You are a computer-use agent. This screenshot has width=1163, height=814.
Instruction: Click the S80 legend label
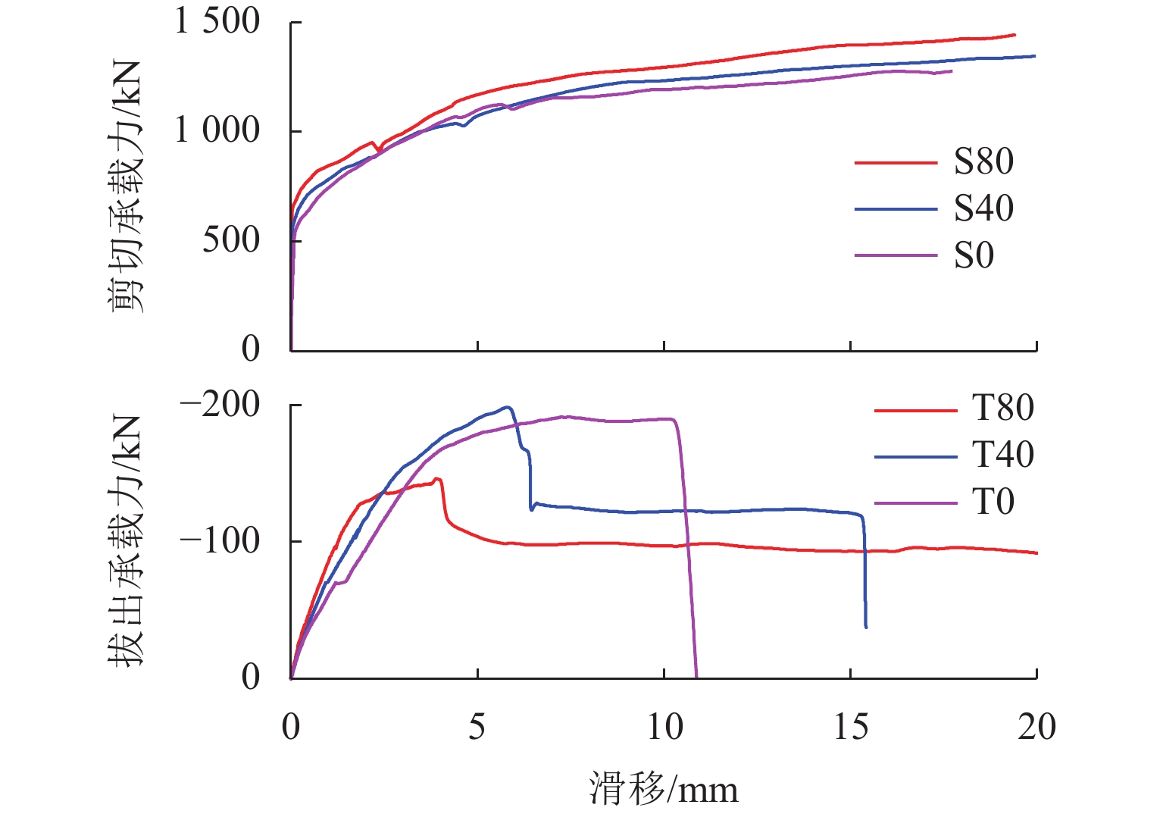point(983,161)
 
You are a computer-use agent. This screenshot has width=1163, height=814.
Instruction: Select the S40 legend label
point(983,208)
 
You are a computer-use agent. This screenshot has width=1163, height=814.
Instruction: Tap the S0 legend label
point(973,255)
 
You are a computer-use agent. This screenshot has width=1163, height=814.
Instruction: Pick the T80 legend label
point(1002,409)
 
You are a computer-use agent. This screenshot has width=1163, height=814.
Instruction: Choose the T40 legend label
point(1002,456)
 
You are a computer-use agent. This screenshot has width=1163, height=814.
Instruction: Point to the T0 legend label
point(993,502)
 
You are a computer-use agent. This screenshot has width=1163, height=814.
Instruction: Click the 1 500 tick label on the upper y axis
point(217,21)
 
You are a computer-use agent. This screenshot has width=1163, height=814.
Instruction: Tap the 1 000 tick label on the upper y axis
point(217,130)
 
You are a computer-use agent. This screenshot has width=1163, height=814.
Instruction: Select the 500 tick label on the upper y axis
point(231,240)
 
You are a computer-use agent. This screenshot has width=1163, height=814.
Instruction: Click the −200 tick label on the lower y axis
point(220,405)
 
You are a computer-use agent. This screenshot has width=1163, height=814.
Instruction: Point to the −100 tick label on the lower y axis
point(220,540)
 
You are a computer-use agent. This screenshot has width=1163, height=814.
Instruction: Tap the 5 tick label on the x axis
point(477,727)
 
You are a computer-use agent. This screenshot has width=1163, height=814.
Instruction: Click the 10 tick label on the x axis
point(664,727)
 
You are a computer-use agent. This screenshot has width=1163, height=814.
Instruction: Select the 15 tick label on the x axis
point(851,727)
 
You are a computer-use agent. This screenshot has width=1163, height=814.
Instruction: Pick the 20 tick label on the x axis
point(1036,727)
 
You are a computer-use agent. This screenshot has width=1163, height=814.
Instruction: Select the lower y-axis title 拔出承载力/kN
point(126,540)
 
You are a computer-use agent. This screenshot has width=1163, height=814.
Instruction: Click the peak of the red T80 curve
point(436,478)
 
